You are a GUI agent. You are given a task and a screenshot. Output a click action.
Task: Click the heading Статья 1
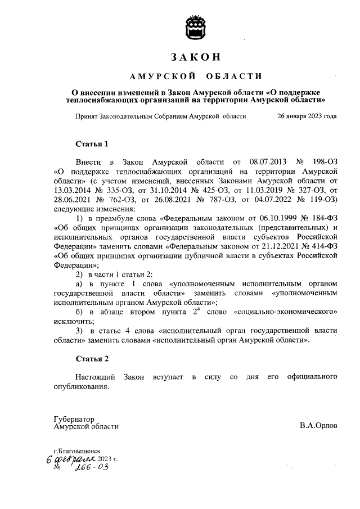[91, 143]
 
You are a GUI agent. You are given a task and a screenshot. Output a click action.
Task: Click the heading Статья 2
[91, 358]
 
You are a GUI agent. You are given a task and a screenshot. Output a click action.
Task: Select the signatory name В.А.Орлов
[318, 426]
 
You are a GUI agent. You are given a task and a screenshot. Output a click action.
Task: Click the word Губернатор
[74, 418]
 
